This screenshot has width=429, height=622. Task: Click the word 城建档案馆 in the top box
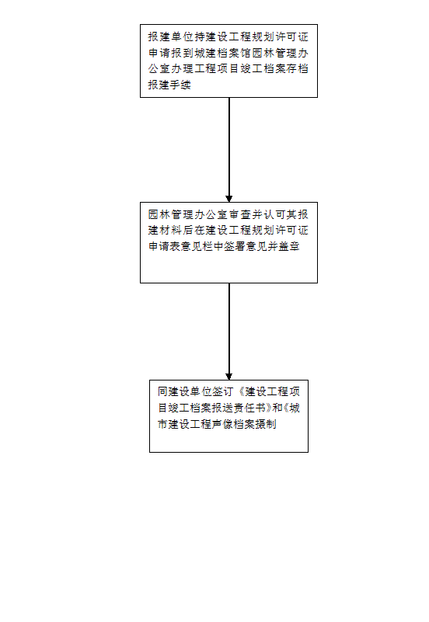[222, 53]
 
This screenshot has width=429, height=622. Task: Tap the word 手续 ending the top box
[180, 85]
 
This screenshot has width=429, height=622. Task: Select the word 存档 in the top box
[297, 68]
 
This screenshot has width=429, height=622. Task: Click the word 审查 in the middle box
[239, 214]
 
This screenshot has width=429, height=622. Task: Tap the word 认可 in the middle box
[274, 214]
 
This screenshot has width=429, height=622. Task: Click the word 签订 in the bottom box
[222, 392]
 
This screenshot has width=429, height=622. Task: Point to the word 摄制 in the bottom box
[266, 424]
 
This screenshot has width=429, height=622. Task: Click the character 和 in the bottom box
[277, 408]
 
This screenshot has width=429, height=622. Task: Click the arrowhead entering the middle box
[229, 199]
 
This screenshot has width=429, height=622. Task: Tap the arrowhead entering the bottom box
[229, 377]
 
